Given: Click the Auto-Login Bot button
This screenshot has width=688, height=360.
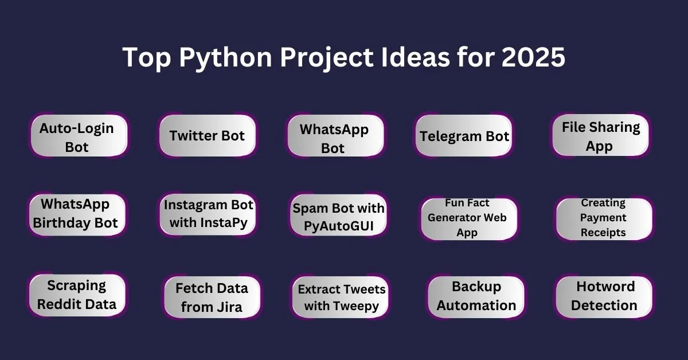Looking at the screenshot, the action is [x=79, y=135].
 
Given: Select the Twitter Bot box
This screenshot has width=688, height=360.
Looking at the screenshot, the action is [x=208, y=135].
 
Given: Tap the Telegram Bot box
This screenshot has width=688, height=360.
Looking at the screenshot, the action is [x=463, y=135].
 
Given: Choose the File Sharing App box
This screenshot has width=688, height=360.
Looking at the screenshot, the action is [x=600, y=135].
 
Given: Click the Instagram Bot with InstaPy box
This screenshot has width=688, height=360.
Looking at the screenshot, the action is [x=208, y=214].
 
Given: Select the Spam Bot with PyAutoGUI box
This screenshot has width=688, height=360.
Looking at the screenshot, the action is [x=338, y=215].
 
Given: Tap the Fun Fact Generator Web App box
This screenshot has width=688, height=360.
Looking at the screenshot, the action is [x=469, y=219].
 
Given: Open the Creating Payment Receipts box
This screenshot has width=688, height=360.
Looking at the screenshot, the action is [x=604, y=219].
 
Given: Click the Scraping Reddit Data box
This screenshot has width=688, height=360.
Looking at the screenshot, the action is [x=77, y=295].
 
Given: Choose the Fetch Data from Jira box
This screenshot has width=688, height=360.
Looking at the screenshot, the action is [x=212, y=297].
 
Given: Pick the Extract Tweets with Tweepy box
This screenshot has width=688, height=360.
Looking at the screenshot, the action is [x=341, y=297].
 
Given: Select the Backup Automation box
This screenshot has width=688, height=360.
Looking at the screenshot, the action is [x=476, y=297].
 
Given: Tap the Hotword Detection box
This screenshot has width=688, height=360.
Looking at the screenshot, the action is [x=604, y=297].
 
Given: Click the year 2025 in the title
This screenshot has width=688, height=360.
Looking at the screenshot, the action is [x=533, y=57].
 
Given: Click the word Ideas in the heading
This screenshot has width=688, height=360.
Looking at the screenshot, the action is [x=415, y=57].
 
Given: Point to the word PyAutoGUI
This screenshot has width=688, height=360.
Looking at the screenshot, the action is [x=338, y=226].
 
